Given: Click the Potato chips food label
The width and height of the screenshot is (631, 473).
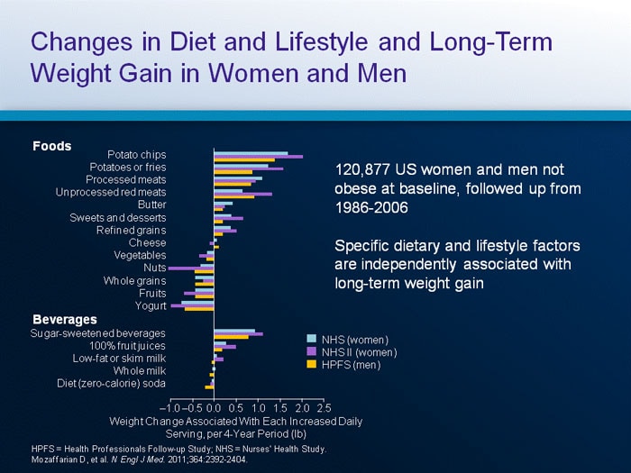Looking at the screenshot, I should click(x=136, y=154).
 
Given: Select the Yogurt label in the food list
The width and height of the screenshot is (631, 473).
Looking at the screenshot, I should click(x=151, y=306).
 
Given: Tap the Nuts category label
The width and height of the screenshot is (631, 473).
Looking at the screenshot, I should click(x=154, y=268).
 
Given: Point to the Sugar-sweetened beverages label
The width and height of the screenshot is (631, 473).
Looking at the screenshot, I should click(x=98, y=333).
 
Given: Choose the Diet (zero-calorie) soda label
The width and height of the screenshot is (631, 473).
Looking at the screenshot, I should click(x=112, y=384).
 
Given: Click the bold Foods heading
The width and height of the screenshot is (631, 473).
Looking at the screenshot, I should click(x=52, y=146).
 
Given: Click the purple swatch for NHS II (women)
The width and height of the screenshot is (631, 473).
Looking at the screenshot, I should click(x=313, y=352).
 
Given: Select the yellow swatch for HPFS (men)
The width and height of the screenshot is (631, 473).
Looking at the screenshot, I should click(x=313, y=365).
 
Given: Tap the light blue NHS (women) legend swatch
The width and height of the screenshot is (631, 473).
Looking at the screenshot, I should click(x=313, y=340).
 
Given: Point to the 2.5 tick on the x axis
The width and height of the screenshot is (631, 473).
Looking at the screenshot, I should click(x=324, y=408).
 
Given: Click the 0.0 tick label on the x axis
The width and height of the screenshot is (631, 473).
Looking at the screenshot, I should click(x=214, y=408).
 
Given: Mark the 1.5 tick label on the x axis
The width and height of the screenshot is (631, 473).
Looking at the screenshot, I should click(x=280, y=408).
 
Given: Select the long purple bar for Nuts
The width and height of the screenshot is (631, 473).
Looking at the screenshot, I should click(x=190, y=268).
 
